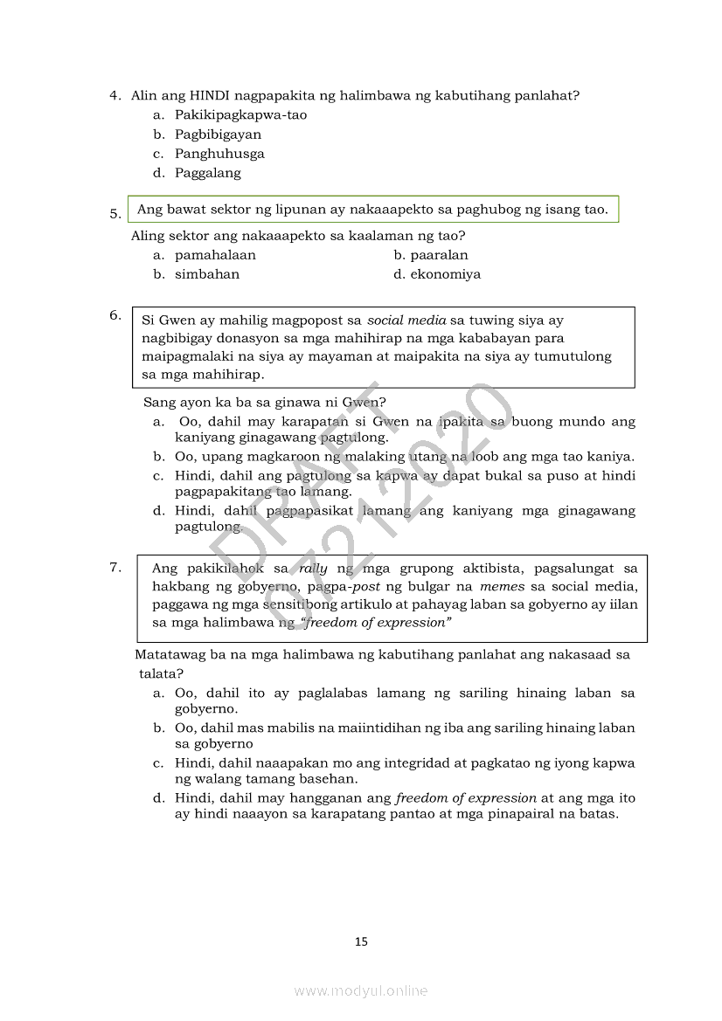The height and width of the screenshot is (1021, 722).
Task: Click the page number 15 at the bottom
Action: tap(362, 942)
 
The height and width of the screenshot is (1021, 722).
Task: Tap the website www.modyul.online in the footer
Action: tap(361, 990)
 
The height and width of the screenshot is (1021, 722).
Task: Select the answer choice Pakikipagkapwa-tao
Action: tap(240, 115)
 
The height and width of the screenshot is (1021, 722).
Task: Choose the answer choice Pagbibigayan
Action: tap(218, 135)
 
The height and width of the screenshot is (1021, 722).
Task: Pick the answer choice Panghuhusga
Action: tap(219, 154)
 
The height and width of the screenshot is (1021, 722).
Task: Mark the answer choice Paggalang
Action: tap(208, 173)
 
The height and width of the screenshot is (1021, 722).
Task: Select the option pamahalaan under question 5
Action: tap(215, 255)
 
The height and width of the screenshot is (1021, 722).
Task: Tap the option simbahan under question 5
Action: tap(207, 274)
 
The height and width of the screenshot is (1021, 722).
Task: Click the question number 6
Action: tap(115, 315)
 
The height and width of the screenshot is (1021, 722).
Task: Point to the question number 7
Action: tap(115, 568)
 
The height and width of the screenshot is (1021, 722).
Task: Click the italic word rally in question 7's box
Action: tap(313, 569)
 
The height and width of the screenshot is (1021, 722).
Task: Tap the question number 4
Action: tap(115, 96)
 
